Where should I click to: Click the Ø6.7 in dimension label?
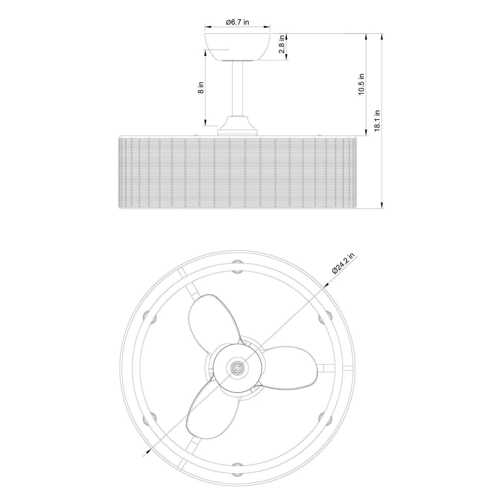tap(238, 23)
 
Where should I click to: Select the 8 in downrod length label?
tap(201, 87)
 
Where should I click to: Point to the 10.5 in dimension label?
tap(361, 85)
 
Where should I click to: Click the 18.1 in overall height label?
tap(377, 120)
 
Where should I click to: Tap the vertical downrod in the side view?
tap(238, 89)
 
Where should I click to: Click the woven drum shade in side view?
tap(238, 172)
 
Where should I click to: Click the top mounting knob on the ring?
tap(237, 263)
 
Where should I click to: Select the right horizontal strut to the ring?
tap(331, 367)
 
